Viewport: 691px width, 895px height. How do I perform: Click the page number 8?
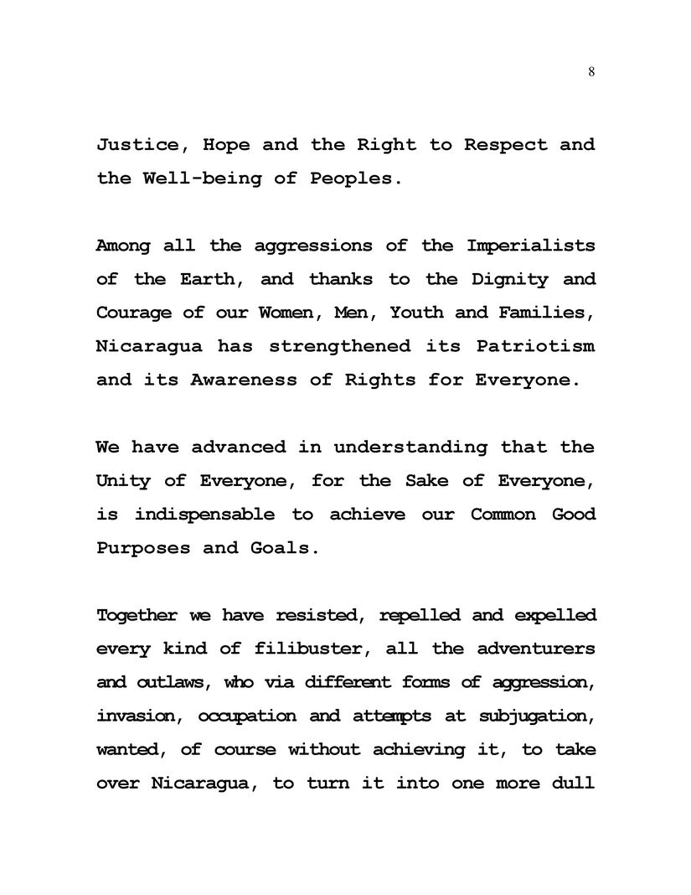(591, 72)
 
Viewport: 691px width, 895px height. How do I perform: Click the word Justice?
(137, 145)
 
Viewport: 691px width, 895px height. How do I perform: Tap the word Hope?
(226, 145)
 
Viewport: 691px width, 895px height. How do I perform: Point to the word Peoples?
(350, 178)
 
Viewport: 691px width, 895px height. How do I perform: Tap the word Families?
(545, 313)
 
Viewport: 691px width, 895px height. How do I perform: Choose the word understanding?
(410, 447)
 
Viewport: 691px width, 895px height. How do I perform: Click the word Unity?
(120, 480)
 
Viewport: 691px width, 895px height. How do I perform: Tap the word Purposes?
(143, 548)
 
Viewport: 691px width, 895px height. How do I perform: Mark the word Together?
(137, 616)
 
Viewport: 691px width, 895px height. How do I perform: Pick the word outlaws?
(173, 682)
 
